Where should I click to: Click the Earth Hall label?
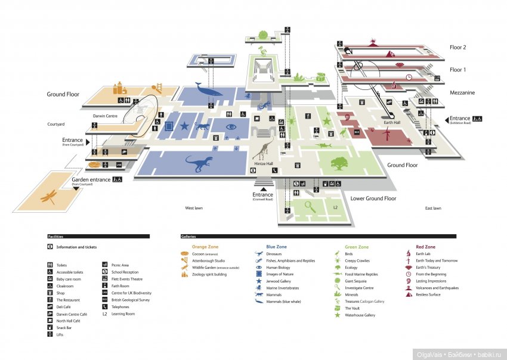click(392, 123)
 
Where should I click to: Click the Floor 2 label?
click(458, 47)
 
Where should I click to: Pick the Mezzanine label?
click(462, 93)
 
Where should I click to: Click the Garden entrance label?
click(91, 179)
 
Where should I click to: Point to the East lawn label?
click(433, 208)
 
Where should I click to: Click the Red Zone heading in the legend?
click(425, 247)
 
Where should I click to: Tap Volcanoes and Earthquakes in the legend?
click(437, 288)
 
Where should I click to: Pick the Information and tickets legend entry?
click(76, 247)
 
